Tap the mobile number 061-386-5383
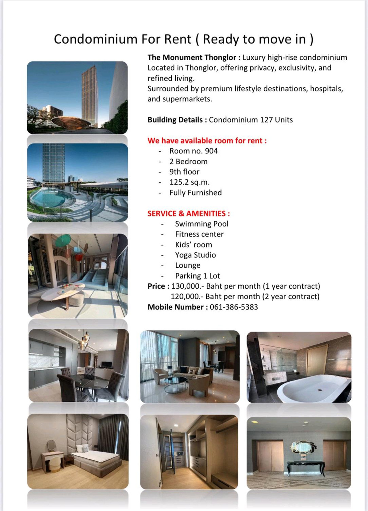pyautogui.click(x=234, y=307)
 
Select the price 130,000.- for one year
pyautogui.click(x=187, y=286)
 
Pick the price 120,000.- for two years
pyautogui.click(x=186, y=297)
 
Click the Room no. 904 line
pyautogui.click(x=194, y=151)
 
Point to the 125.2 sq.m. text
pyautogui.click(x=190, y=182)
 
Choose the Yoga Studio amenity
pyautogui.click(x=195, y=255)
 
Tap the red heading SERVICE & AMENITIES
pyautogui.click(x=188, y=213)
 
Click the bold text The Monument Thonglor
pyautogui.click(x=192, y=58)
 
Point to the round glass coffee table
pyautogui.click(x=175, y=384)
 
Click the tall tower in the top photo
pyautogui.click(x=90, y=95)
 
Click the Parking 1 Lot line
pyautogui.click(x=197, y=276)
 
